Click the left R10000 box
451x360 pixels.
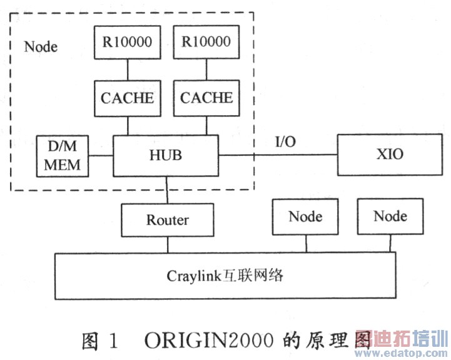tap(127, 42)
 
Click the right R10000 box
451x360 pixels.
tap(206, 42)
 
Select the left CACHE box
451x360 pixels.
tap(127, 98)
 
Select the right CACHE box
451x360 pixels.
tap(206, 98)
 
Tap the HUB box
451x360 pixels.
tap(165, 155)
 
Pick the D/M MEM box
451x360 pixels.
tap(62, 155)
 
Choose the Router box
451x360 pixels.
tap(167, 220)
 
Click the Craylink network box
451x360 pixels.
tap(225, 275)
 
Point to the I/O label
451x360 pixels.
tap(285, 141)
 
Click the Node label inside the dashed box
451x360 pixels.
tap(41, 46)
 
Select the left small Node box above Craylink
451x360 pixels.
tap(305, 217)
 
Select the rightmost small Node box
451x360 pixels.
tap(390, 217)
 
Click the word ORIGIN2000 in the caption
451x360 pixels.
tap(209, 341)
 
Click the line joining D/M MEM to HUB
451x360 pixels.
tap(100, 155)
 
